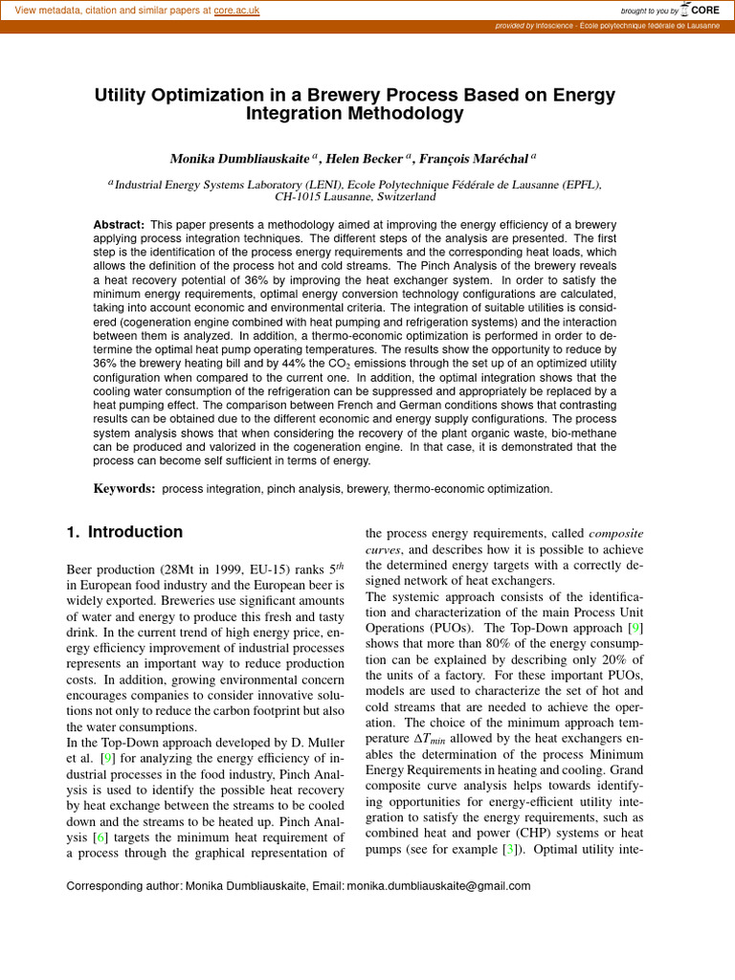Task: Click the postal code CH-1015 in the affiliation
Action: (301, 197)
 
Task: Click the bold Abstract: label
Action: (119, 224)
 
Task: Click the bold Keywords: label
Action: (123, 489)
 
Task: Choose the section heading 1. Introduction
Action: (124, 532)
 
